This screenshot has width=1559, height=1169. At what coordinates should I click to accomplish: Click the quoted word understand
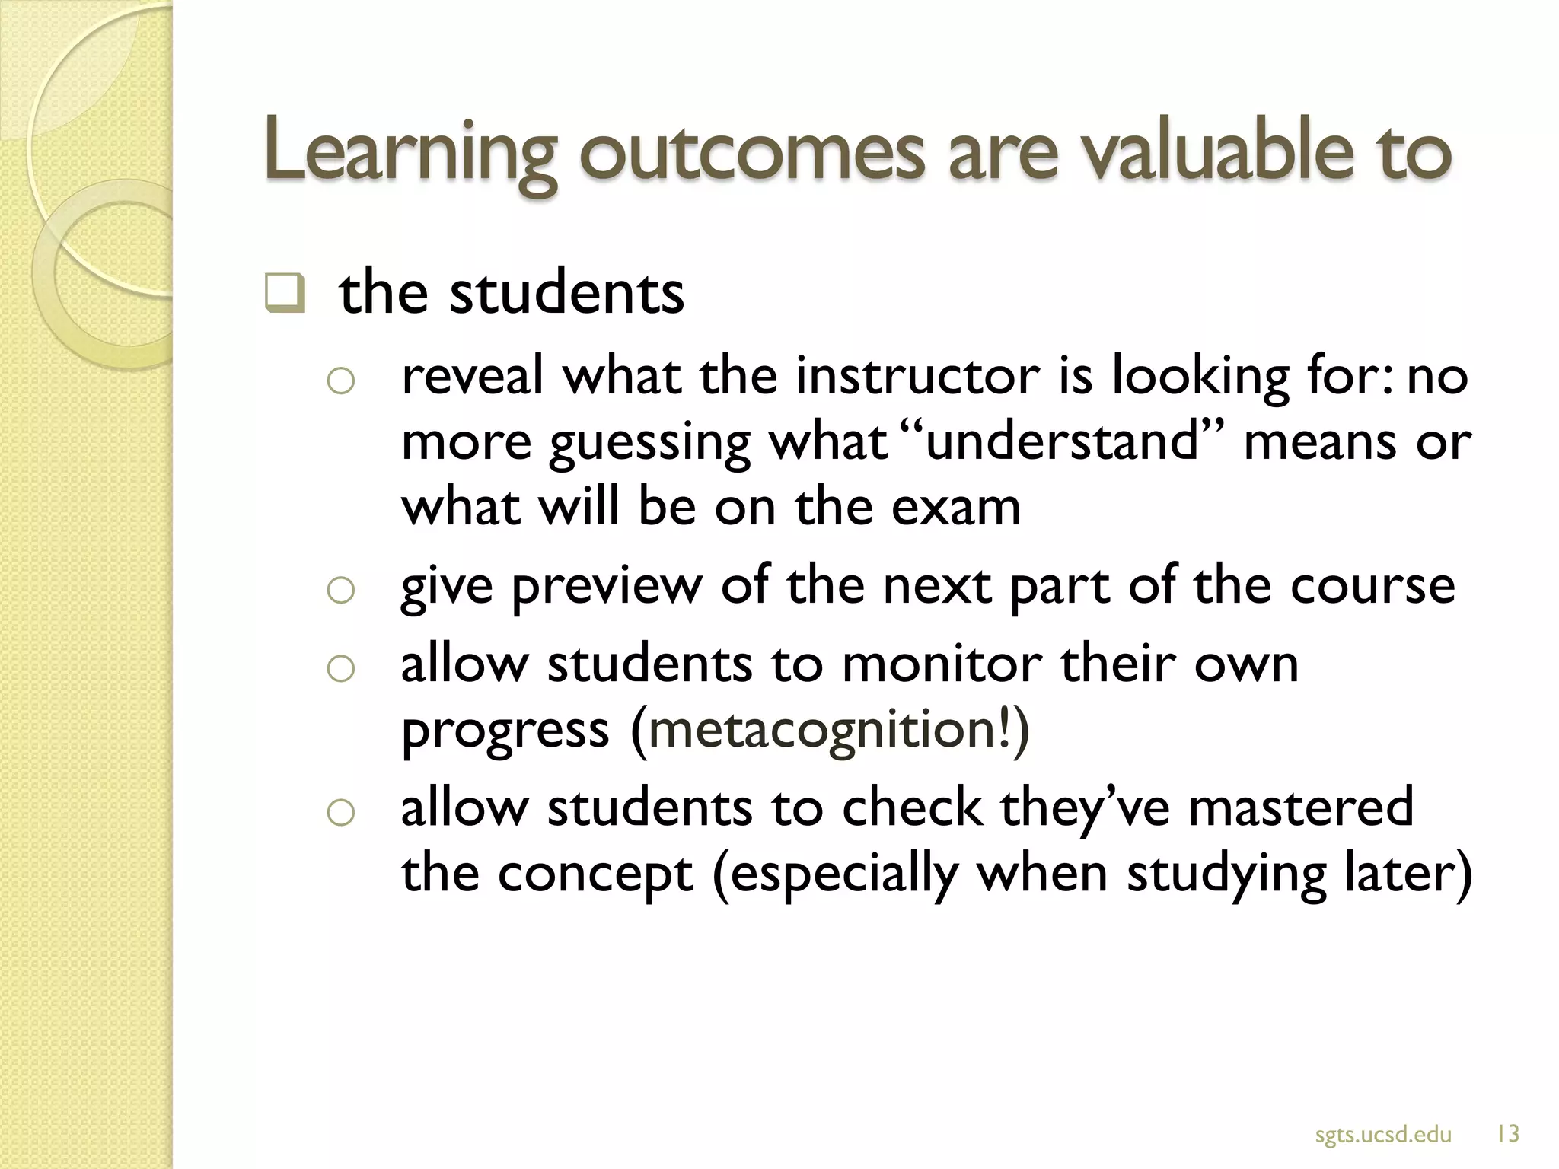point(1063,441)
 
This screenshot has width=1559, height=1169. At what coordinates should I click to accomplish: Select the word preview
point(606,586)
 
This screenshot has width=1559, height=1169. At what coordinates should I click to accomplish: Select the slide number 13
point(1507,1135)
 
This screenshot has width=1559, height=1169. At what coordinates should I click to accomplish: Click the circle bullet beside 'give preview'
point(340,591)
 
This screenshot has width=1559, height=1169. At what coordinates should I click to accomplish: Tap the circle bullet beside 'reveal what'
point(340,381)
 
